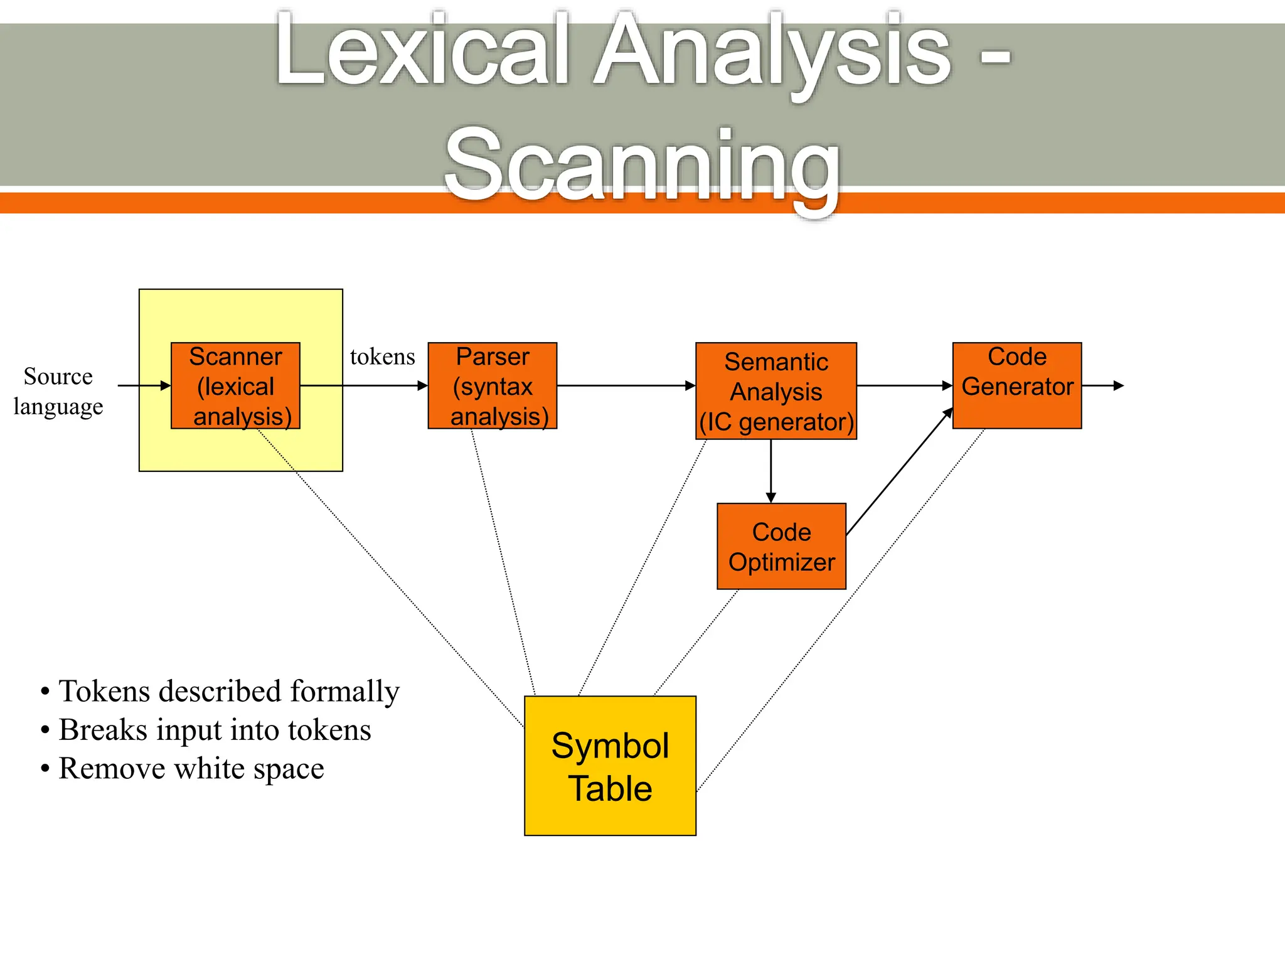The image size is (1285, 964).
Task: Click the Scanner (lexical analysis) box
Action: click(235, 386)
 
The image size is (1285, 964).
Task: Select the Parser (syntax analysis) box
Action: click(493, 386)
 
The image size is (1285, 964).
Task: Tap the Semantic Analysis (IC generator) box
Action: click(776, 391)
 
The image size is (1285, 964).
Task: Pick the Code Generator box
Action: click(1017, 385)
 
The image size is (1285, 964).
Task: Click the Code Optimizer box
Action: click(781, 546)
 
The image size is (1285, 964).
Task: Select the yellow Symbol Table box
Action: click(610, 766)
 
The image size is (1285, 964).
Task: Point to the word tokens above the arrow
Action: click(382, 357)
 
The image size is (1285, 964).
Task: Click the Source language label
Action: click(58, 391)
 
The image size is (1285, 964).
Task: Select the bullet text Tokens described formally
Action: click(229, 691)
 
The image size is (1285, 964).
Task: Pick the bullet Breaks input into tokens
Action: click(215, 730)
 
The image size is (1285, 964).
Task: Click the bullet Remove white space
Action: click(191, 768)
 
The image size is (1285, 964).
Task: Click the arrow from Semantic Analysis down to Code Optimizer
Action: click(771, 471)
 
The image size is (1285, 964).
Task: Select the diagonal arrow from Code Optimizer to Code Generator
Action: click(899, 472)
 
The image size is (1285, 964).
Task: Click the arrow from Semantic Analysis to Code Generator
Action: click(904, 385)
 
